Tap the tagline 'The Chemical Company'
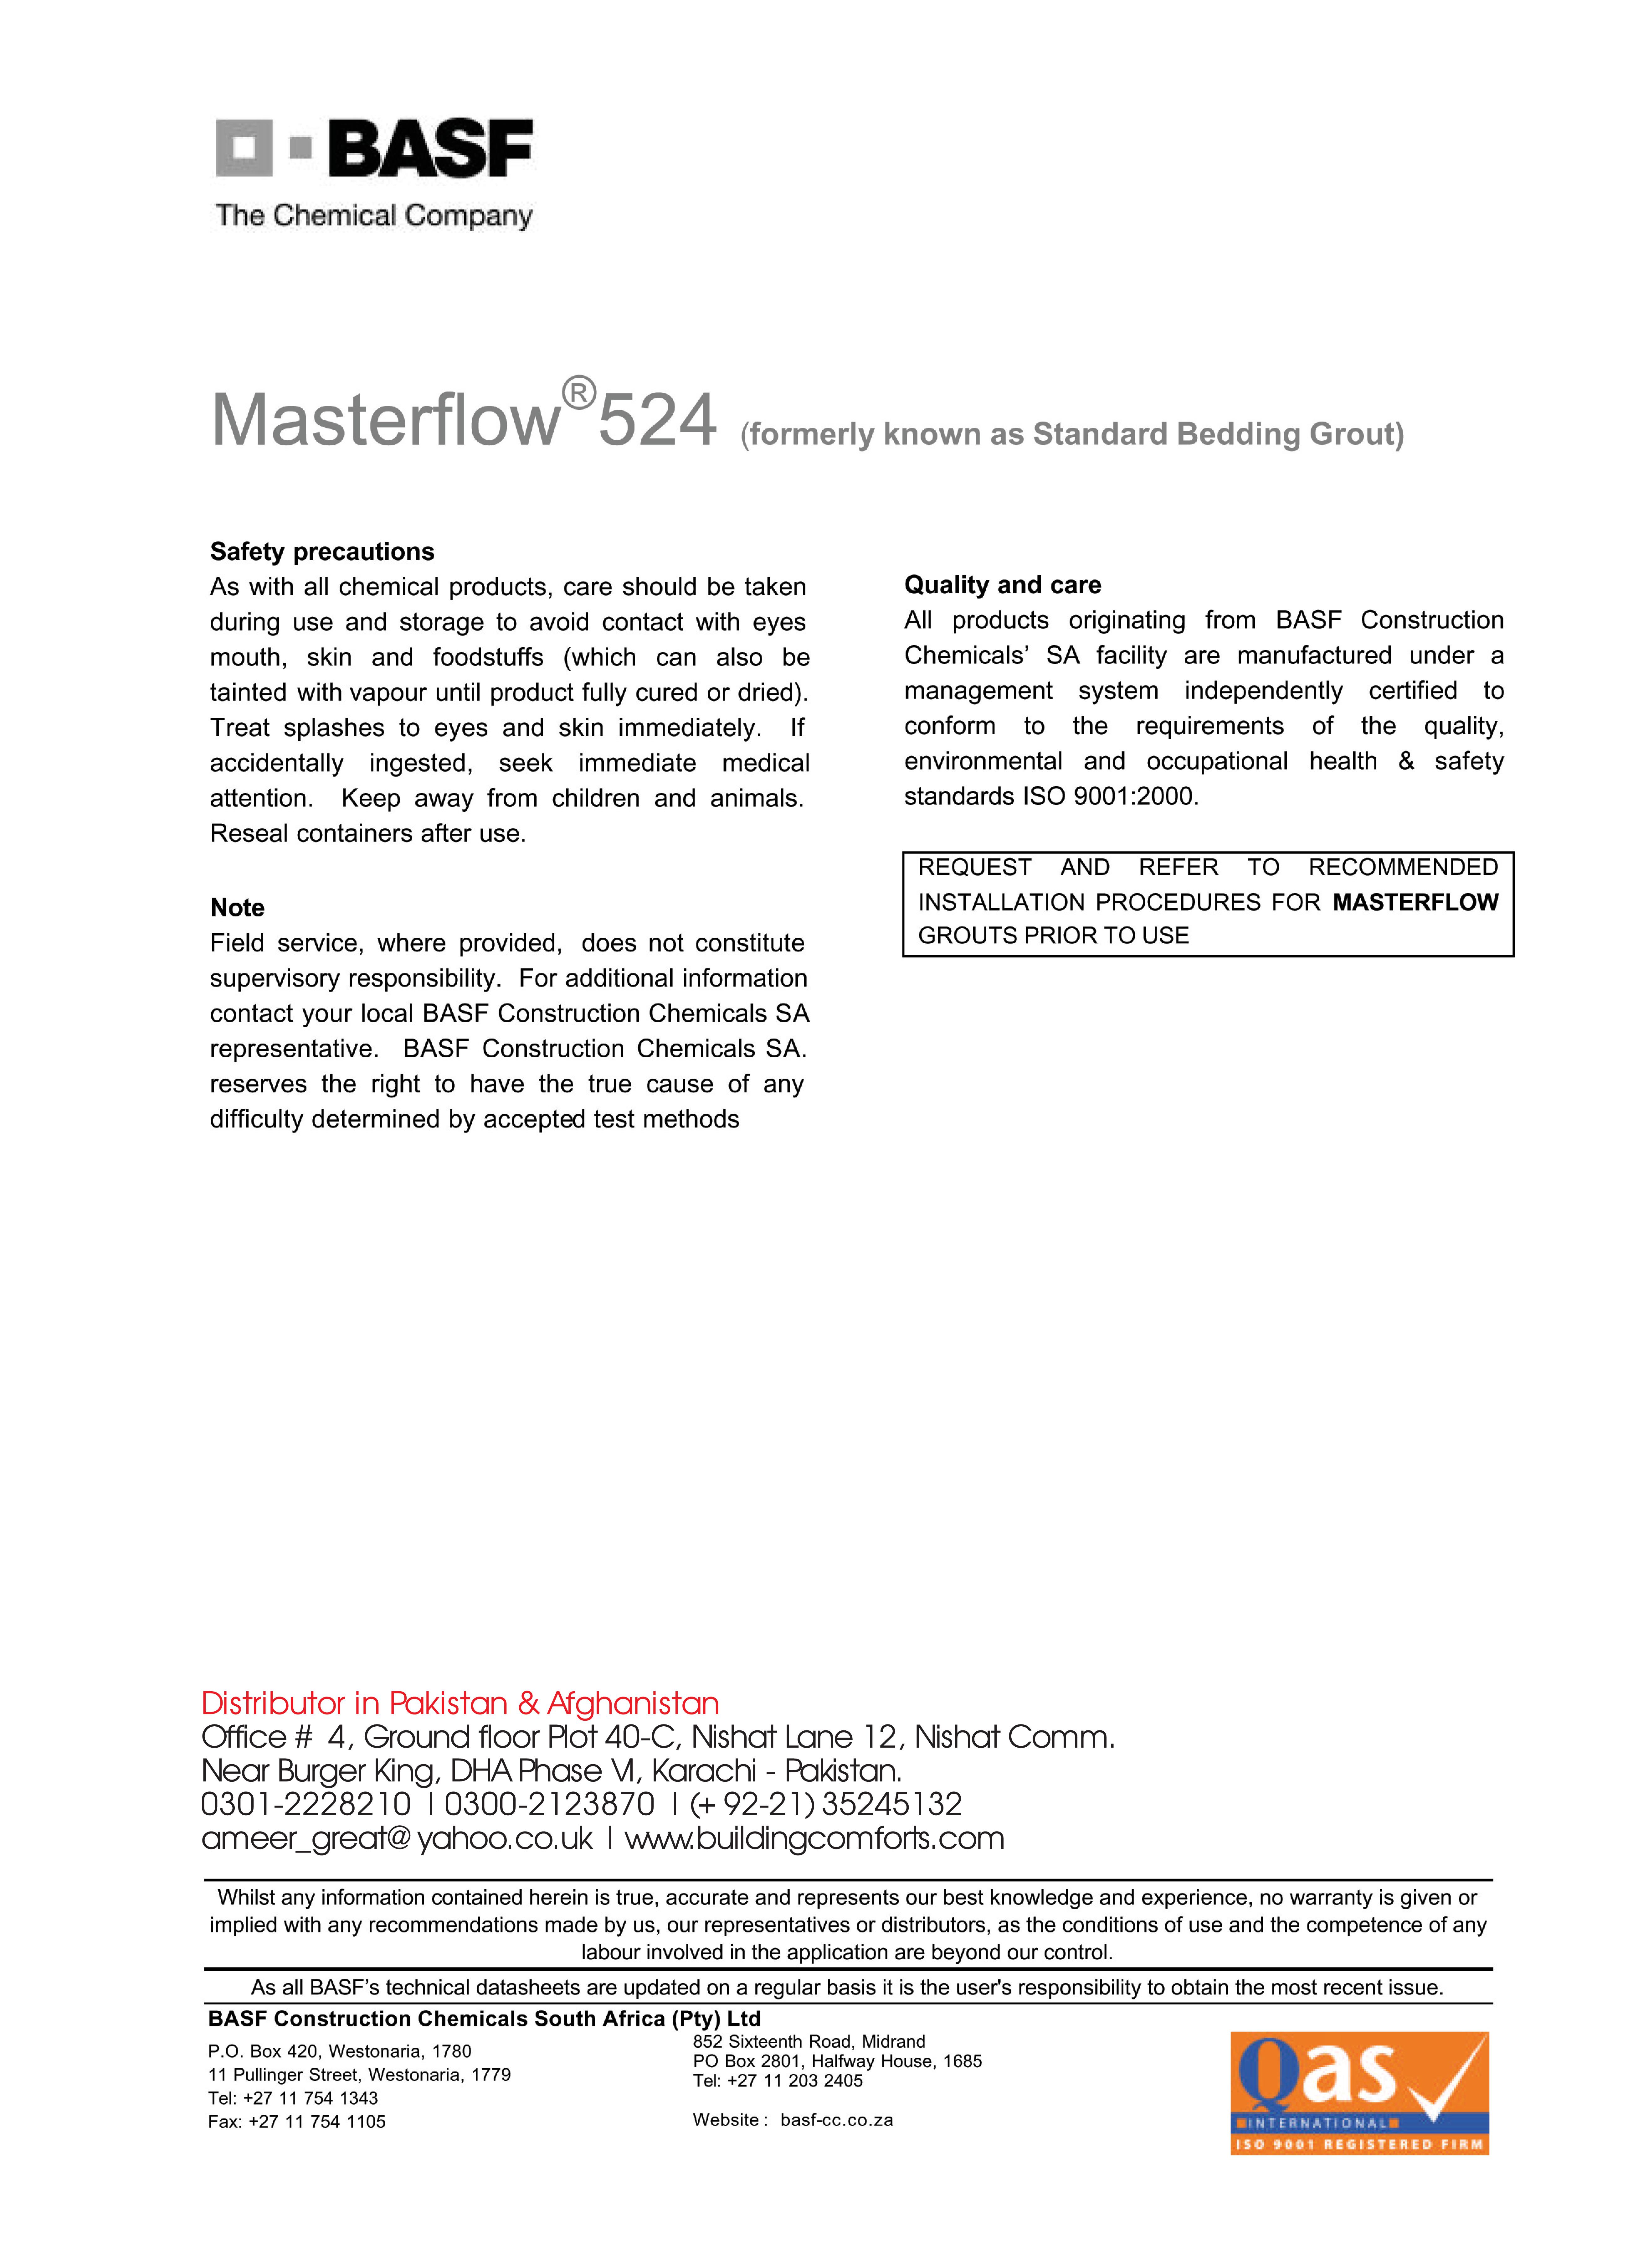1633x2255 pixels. pyautogui.click(x=374, y=216)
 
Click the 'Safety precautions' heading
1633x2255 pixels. pyautogui.click(x=322, y=552)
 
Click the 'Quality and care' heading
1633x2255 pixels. pyautogui.click(x=1002, y=585)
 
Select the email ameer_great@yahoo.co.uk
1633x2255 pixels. pyautogui.click(x=397, y=1838)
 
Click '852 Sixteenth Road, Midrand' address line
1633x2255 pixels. pyautogui.click(x=808, y=2041)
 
